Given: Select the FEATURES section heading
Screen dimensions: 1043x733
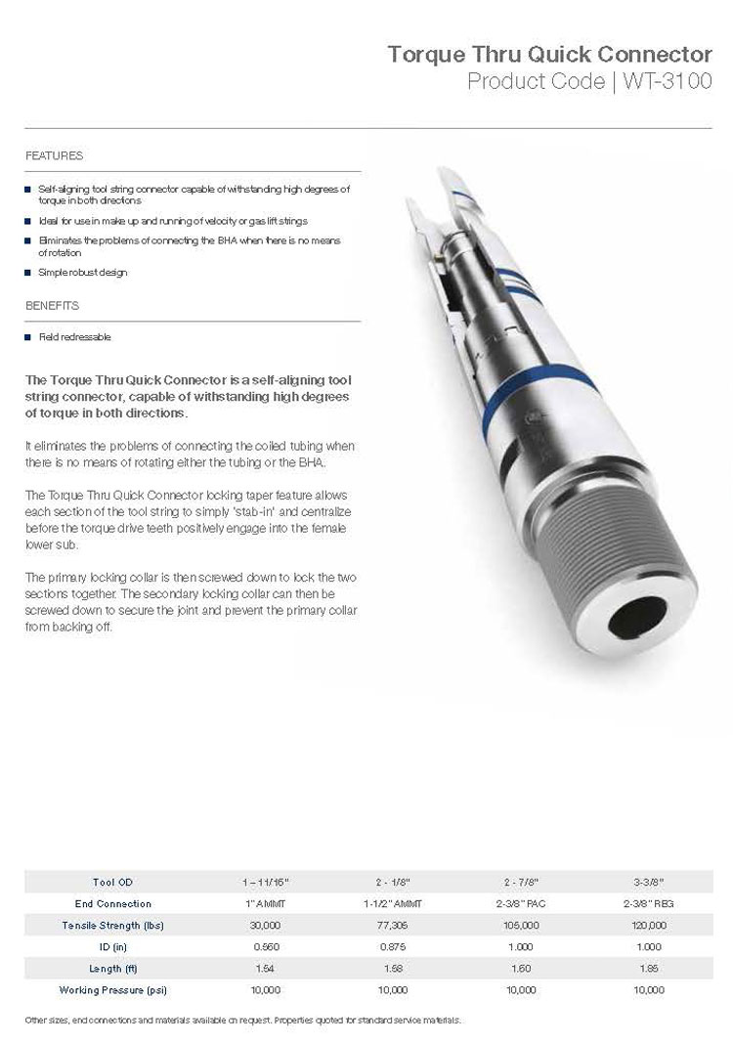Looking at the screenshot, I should tap(54, 156).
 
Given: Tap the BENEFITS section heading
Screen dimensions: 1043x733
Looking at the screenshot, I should tap(52, 306).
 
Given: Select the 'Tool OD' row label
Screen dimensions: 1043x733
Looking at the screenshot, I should tap(113, 883).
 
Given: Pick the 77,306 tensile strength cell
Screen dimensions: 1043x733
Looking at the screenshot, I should tap(392, 926).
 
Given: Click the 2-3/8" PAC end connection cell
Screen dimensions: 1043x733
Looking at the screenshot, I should tap(521, 904).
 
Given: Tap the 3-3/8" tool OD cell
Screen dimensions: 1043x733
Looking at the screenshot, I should tap(648, 883).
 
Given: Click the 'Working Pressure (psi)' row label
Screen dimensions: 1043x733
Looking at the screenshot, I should tap(113, 990).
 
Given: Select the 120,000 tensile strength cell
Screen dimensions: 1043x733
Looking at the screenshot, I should tap(648, 926).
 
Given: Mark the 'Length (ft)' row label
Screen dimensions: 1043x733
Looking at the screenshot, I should tap(113, 969).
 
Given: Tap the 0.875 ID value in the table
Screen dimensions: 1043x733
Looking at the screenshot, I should tap(392, 947).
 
